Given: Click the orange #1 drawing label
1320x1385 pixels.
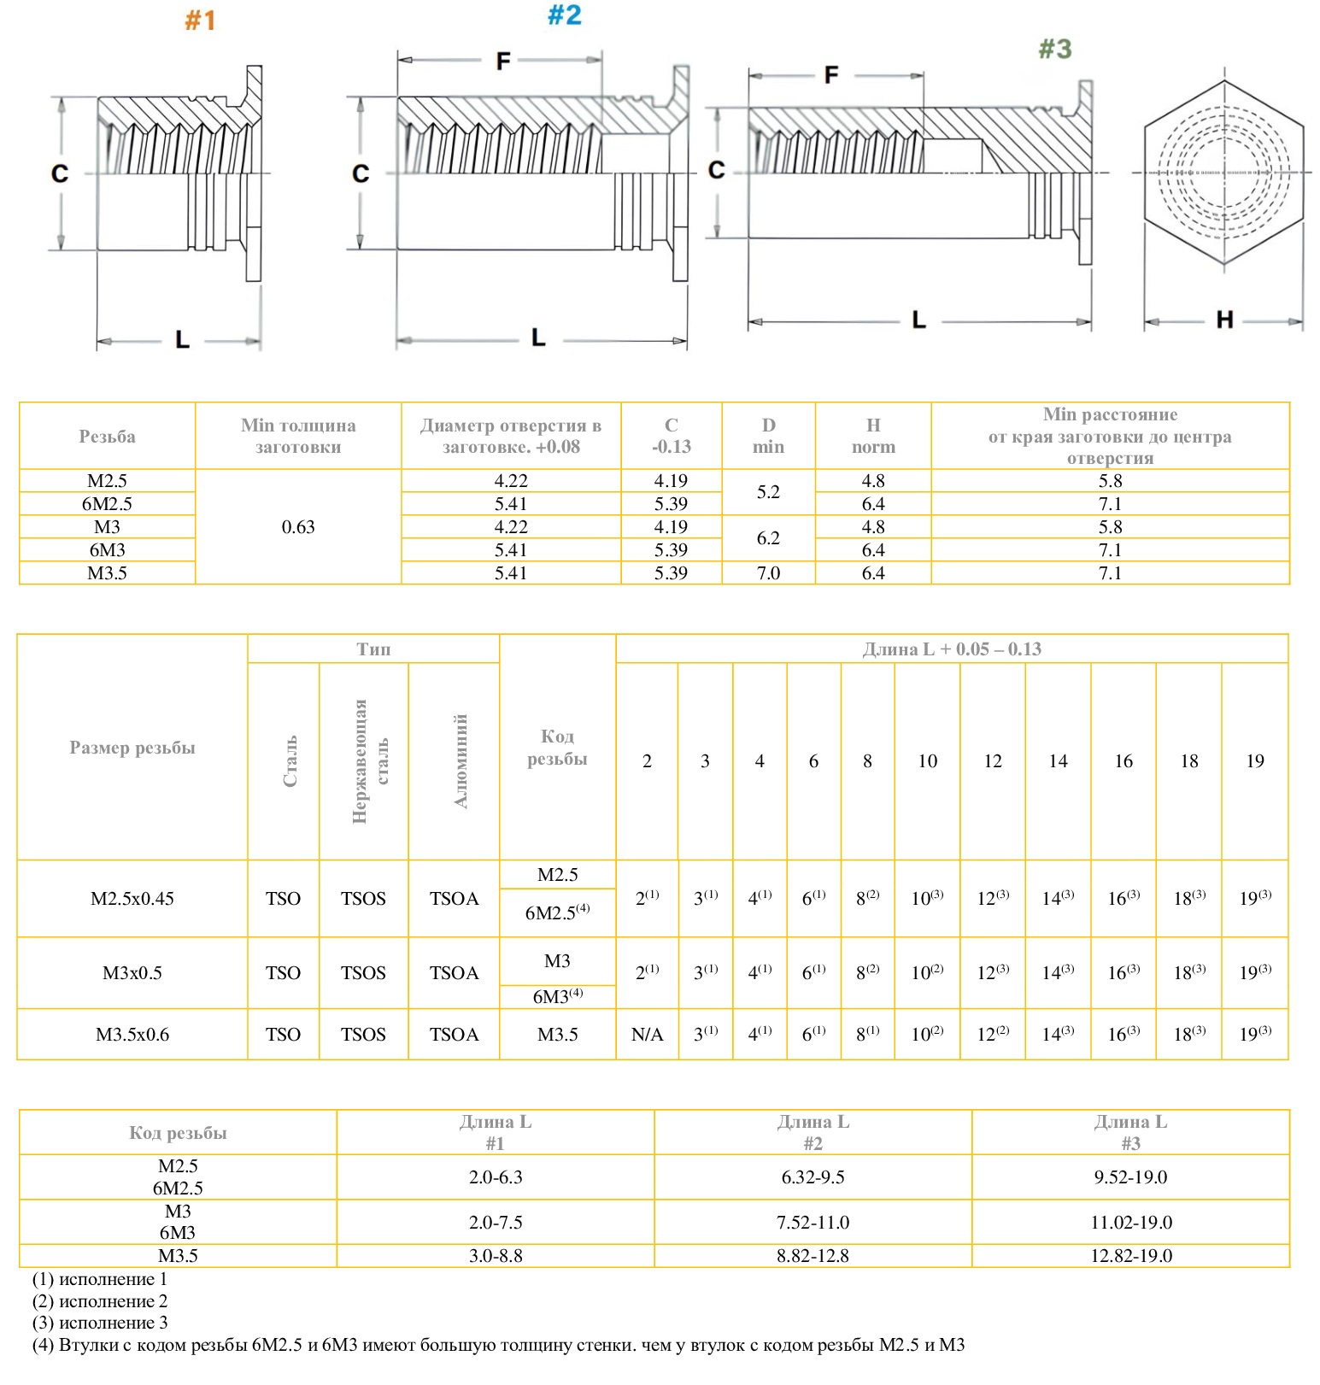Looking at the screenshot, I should coord(200,21).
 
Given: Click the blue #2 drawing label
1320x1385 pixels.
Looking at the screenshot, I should coord(564,15).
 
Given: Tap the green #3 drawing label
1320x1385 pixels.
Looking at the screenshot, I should coord(1054,49).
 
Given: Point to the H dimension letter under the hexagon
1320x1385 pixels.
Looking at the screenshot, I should coord(1224,320).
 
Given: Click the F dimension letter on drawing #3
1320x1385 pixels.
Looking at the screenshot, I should coord(831,75).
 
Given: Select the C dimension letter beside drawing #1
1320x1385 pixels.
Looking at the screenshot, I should coord(60,173).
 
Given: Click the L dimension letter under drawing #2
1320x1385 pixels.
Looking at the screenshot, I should coord(538,337).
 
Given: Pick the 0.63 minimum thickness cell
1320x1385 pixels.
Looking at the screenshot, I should coord(298,527).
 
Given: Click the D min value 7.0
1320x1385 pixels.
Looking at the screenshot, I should coord(768,573).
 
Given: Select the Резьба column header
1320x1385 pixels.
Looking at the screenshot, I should coord(107,437).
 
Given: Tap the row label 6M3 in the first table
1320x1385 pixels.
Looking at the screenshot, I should coord(107,550).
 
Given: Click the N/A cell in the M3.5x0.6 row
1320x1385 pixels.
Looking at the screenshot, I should coord(647,1035).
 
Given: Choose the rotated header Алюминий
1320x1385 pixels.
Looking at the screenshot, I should coord(461,760).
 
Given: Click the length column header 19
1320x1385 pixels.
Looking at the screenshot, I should coord(1254,761).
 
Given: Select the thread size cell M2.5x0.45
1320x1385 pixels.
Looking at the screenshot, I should coord(132,899).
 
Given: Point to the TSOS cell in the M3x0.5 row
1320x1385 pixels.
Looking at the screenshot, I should coord(363,973).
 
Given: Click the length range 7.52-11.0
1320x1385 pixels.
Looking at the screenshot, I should coord(813,1223).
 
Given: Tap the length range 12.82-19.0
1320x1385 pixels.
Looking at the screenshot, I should coord(1130,1256).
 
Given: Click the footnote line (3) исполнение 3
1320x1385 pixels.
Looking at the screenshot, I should coord(100,1323).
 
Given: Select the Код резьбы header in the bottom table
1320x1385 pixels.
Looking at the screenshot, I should coord(178,1133).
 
